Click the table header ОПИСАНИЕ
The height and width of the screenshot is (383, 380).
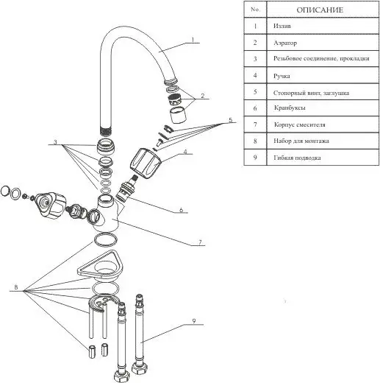[320, 10]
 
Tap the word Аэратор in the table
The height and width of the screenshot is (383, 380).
[285, 43]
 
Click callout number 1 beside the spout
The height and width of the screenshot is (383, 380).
[193, 40]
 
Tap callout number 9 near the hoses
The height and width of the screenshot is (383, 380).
[194, 321]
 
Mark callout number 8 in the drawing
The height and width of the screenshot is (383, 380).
[16, 287]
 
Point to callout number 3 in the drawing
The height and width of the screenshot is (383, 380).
[55, 142]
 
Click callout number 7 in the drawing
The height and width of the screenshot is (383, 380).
[200, 242]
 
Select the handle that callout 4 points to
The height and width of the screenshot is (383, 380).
[146, 163]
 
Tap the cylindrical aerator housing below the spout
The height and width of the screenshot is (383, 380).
[178, 115]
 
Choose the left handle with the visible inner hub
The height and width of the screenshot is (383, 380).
[51, 205]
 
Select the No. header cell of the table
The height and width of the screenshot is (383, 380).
[255, 10]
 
